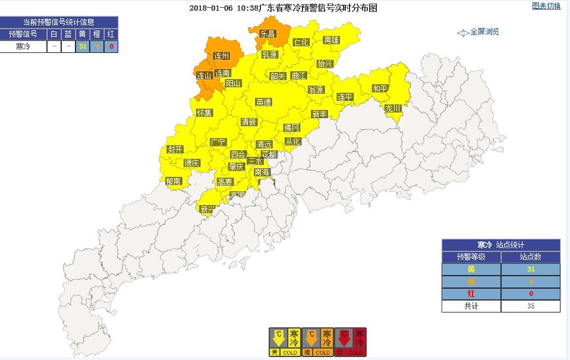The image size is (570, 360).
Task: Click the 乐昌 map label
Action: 267,34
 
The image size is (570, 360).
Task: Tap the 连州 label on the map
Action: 222,57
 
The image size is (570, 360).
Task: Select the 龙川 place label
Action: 393,109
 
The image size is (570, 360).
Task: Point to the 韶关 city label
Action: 278,76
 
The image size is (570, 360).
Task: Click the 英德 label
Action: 264,102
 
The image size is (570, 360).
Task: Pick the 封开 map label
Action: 175,149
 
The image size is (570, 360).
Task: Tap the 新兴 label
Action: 207,209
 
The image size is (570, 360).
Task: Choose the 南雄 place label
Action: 332,40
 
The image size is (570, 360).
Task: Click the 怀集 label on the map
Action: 204,113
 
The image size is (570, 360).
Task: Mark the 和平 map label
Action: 380,89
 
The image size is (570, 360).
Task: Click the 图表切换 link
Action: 546,7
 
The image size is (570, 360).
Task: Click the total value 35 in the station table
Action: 530,307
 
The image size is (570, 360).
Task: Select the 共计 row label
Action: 471,307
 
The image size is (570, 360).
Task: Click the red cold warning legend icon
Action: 351,342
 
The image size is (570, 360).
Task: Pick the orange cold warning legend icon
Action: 317,342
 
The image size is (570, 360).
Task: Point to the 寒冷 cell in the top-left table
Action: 23,46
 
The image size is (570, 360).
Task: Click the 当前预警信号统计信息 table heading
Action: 59,23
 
